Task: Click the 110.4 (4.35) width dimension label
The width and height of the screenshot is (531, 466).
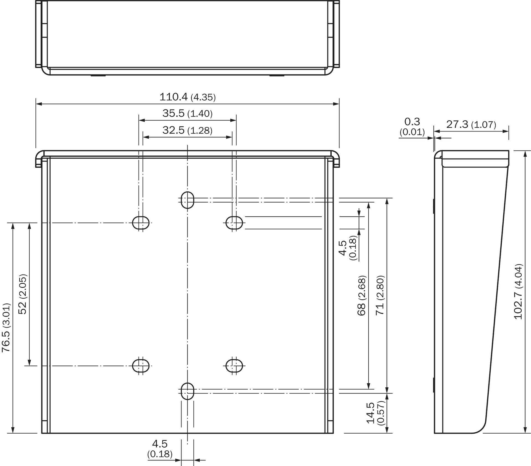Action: (x=188, y=97)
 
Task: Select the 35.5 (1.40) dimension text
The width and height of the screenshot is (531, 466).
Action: (x=188, y=113)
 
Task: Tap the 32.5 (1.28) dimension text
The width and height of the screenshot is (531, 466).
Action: (x=188, y=130)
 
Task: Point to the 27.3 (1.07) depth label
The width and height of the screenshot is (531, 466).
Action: (x=471, y=125)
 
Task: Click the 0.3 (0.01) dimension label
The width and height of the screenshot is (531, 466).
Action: (x=412, y=127)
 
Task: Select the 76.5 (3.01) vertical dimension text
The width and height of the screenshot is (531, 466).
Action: (x=6, y=327)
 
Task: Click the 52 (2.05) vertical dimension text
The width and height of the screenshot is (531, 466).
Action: (x=23, y=294)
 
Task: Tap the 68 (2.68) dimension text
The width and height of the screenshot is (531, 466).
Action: (x=361, y=295)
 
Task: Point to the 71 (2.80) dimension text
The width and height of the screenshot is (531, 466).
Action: (x=380, y=295)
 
